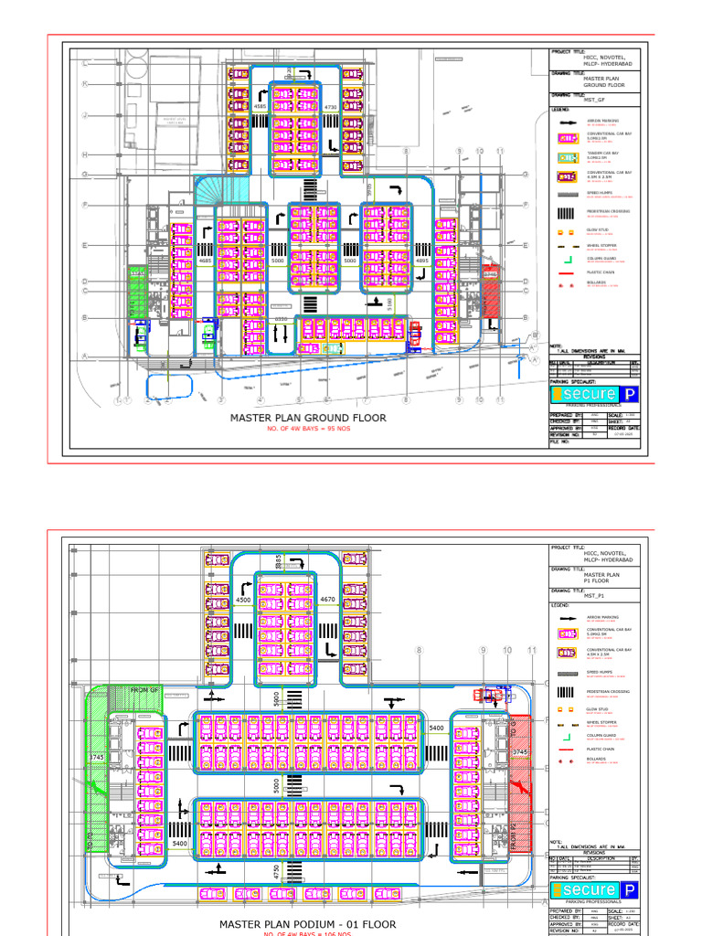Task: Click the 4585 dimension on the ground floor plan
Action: point(260,107)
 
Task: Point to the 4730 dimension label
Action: point(331,107)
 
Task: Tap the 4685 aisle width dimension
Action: point(206,261)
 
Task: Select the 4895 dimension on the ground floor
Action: point(422,261)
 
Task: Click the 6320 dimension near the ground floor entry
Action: point(282,319)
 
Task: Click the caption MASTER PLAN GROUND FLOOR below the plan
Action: point(307,418)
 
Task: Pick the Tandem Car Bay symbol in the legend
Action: point(567,156)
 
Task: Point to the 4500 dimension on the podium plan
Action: point(243,600)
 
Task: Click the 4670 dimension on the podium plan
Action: point(330,599)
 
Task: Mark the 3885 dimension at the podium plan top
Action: point(279,562)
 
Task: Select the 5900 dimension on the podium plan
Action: point(276,700)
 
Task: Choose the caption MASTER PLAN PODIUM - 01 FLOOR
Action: point(307,924)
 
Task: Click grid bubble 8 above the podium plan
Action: point(420,650)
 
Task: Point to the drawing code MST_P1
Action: point(594,595)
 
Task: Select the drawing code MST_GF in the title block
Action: point(595,99)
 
